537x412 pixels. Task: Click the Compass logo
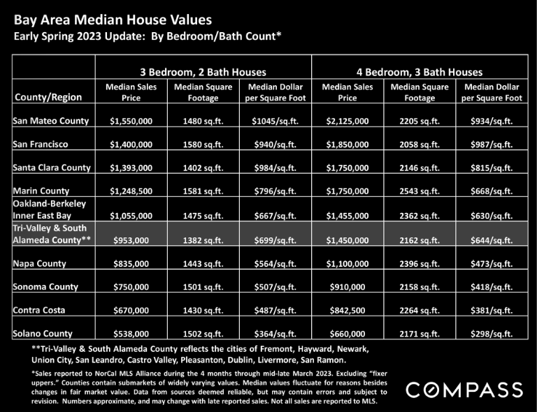464,390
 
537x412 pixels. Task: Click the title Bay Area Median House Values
113,20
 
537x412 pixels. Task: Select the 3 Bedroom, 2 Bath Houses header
203,72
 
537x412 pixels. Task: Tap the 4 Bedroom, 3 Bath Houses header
420,72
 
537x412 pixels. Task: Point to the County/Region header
48,97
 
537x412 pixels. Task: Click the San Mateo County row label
50,121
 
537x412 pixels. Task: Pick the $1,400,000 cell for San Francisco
131,145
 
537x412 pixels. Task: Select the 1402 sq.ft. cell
203,168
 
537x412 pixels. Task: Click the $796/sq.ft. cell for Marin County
275,191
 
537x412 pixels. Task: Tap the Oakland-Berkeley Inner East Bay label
50,209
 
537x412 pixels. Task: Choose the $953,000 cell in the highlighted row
131,240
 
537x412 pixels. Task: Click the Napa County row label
39,264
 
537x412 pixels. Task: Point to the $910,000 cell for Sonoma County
348,287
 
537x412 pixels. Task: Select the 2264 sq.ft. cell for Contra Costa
420,311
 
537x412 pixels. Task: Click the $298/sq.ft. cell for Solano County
492,334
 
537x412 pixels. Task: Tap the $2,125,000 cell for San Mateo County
348,121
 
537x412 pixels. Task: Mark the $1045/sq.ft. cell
275,121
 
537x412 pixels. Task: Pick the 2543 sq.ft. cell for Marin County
420,191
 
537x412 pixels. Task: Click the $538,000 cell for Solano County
131,334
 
